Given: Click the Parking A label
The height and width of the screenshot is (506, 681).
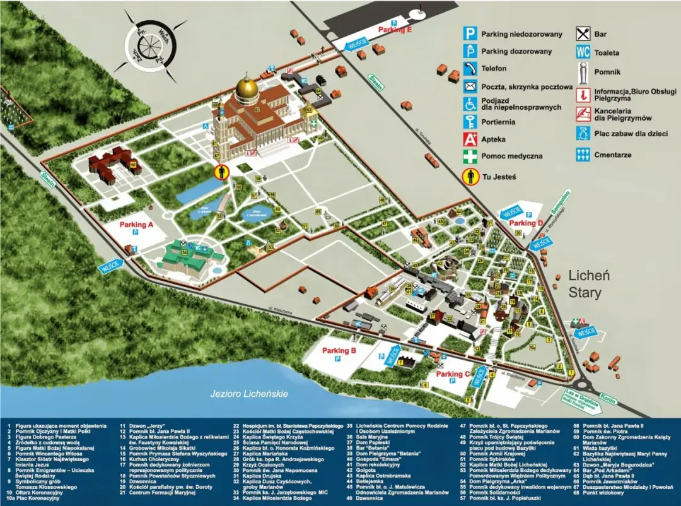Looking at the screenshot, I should pyautogui.click(x=137, y=225).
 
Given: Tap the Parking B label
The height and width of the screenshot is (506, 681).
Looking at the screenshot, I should pyautogui.click(x=339, y=350).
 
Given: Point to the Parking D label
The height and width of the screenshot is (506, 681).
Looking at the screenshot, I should pyautogui.click(x=526, y=223).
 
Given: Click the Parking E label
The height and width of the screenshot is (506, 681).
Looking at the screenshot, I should pyautogui.click(x=395, y=30).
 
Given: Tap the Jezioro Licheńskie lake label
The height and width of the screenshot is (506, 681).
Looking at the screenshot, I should pyautogui.click(x=249, y=394).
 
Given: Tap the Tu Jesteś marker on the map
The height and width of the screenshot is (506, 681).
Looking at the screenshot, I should pyautogui.click(x=221, y=172).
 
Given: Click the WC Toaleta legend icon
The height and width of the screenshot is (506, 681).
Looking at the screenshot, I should pyautogui.click(x=583, y=53).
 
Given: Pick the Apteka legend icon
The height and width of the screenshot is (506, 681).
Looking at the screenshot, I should pyautogui.click(x=470, y=139).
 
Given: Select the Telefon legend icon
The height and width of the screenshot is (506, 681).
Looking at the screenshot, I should pyautogui.click(x=470, y=69).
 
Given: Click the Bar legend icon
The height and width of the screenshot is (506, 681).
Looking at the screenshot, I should pyautogui.click(x=583, y=35).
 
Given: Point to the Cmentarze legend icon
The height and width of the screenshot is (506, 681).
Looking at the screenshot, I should pyautogui.click(x=583, y=154).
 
